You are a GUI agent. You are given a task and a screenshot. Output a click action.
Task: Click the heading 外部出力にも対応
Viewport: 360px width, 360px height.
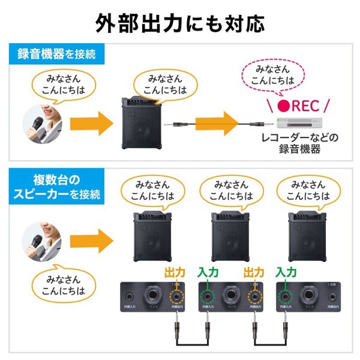pyautogui.click(x=180, y=23)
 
